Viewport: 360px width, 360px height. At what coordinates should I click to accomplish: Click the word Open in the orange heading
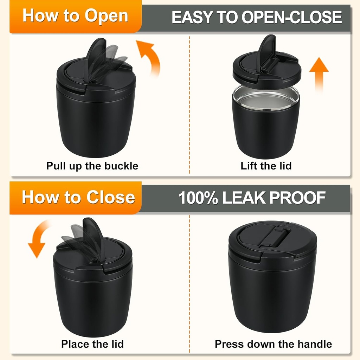coord(106,16)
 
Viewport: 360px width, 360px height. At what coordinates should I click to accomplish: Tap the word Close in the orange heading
coord(111,197)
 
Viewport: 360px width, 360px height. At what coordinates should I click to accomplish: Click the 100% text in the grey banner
coord(198,198)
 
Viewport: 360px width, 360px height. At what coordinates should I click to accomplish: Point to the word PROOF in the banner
coord(297,198)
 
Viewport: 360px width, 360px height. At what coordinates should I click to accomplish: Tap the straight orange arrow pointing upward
coord(319,75)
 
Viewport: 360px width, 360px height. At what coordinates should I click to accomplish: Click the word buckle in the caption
coord(121,166)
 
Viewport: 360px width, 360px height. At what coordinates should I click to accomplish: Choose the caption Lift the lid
coord(266,166)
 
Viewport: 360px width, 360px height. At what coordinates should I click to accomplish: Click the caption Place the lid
coord(92,344)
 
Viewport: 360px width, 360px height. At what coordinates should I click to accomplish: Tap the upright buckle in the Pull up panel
coord(96,57)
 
